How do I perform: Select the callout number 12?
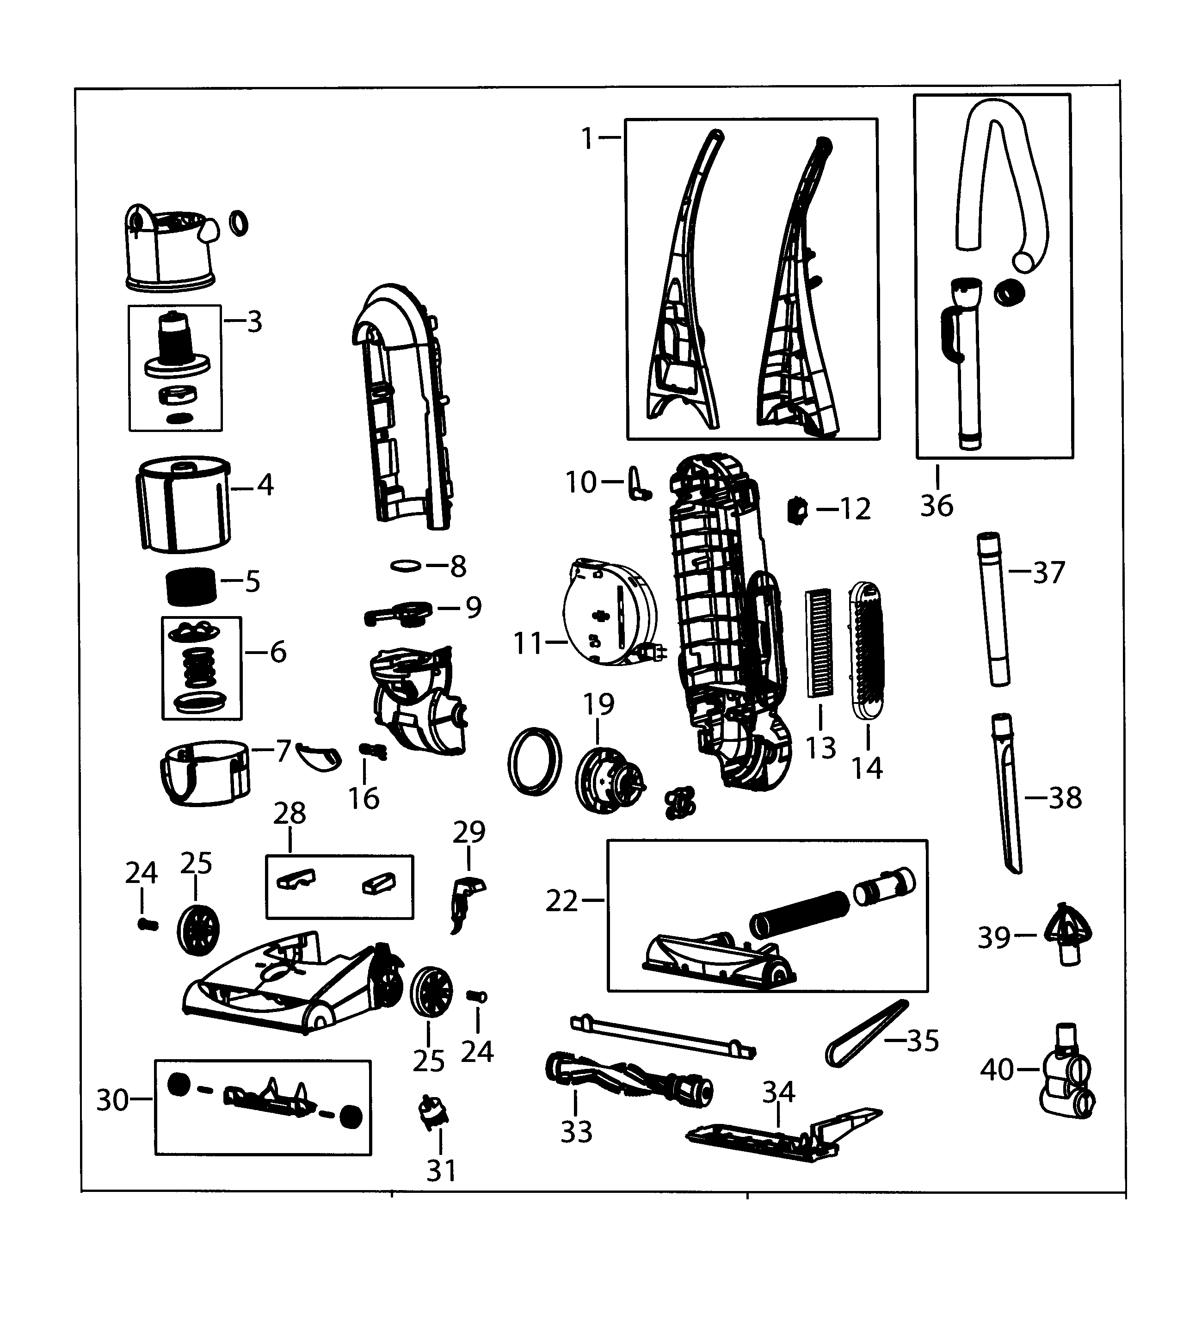coord(855,509)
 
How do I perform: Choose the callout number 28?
coord(290,814)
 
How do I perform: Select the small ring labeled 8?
coord(406,565)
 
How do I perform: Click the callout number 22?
coord(561,901)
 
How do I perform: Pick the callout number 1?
coord(587,138)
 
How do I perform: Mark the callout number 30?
coord(112,1100)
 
